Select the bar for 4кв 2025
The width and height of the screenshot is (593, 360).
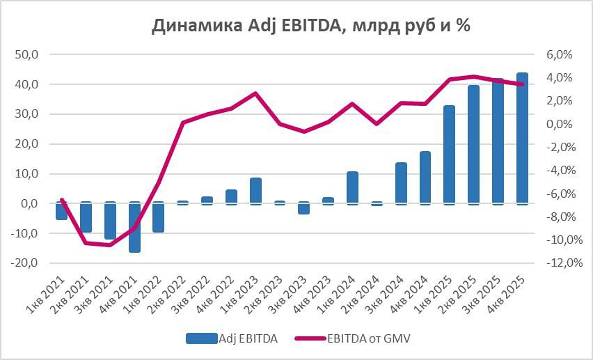pos(522,138)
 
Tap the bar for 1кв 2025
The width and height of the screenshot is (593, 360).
pos(449,155)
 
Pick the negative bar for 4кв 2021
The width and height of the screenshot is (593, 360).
pos(134,227)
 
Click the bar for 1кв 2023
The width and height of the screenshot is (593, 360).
pos(255,191)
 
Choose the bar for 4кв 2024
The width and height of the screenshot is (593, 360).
pos(425,178)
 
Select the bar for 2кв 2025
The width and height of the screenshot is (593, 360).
pos(473,144)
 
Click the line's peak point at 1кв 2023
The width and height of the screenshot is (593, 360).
pos(255,93)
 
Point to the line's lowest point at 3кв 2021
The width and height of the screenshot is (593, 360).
pos(110,245)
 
